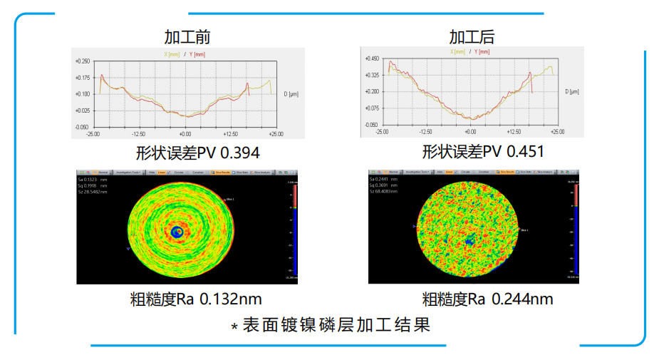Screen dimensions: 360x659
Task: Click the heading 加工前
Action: (187, 37)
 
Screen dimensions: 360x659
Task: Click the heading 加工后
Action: (471, 37)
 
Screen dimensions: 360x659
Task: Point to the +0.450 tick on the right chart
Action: (370, 59)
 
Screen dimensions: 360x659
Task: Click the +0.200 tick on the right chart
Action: (370, 92)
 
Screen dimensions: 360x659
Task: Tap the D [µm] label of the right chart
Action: (573, 91)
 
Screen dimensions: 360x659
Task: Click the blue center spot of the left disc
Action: (175, 232)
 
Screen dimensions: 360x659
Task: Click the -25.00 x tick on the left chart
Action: (93, 134)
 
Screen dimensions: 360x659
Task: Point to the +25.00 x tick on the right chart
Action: (557, 132)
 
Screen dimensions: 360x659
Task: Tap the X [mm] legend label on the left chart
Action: (172, 54)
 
